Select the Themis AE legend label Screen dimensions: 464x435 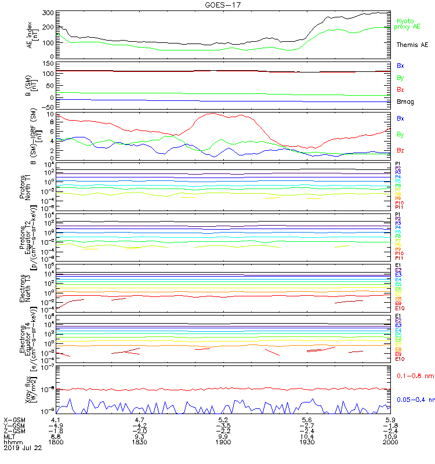coord(412,45)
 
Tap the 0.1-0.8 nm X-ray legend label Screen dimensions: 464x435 coord(415,376)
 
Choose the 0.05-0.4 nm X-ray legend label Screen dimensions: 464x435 coord(415,400)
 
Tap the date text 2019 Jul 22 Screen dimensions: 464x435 coord(23,448)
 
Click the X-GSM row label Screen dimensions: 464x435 coord(14,419)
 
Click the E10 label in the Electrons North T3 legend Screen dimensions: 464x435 coord(400,309)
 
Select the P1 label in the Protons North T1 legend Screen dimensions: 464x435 coord(398,164)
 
